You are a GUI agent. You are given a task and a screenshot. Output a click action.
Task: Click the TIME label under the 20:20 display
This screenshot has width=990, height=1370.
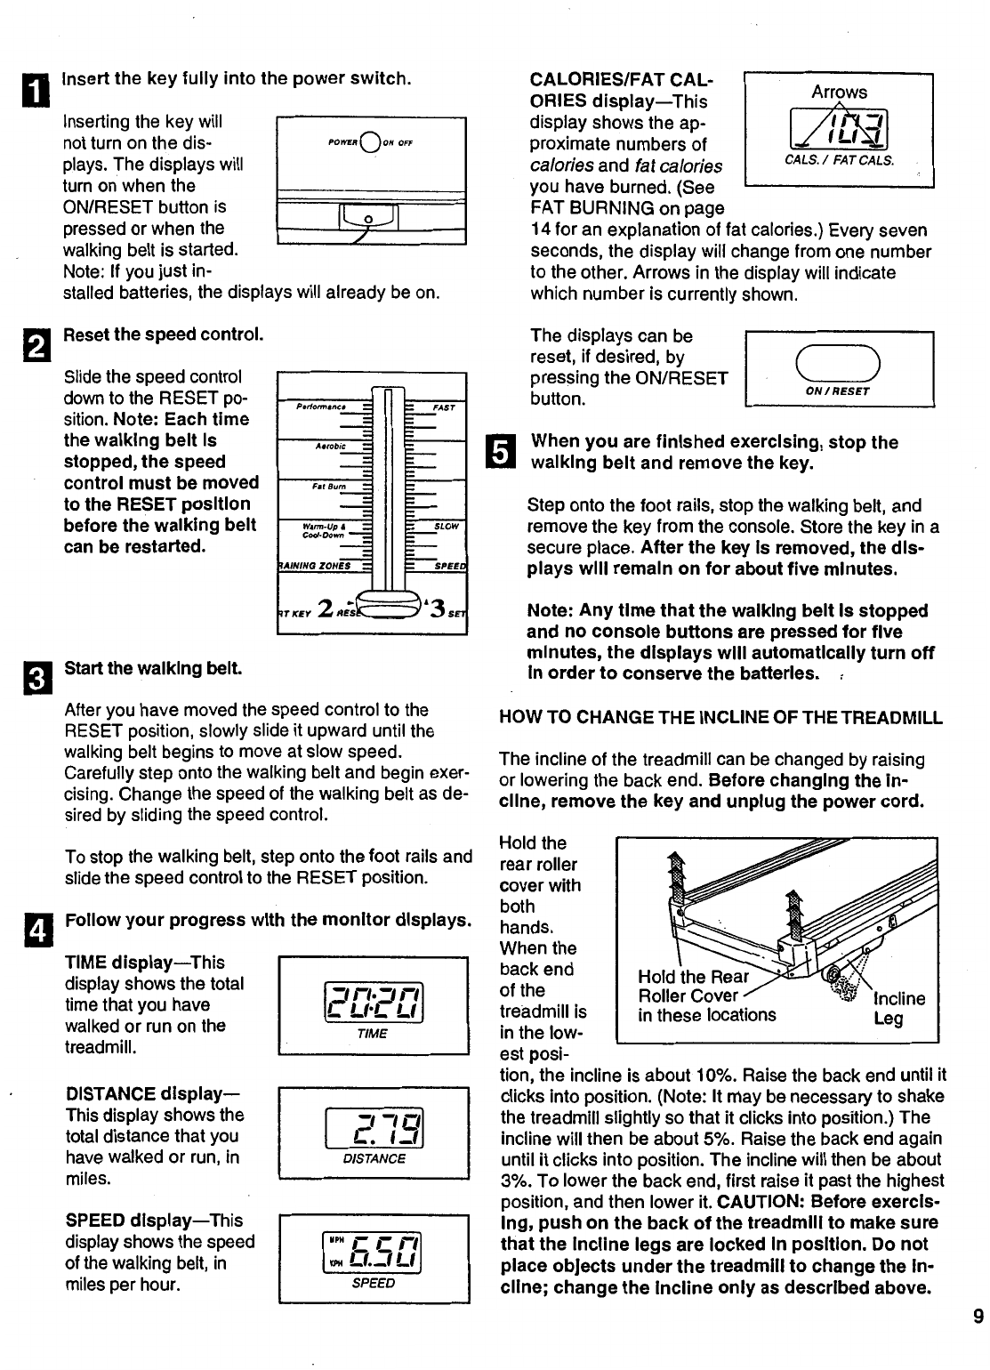(373, 1034)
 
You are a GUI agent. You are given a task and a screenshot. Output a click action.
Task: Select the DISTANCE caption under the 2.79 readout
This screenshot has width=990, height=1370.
(374, 1158)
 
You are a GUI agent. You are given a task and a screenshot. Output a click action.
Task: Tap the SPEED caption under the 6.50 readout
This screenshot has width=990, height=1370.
(374, 1284)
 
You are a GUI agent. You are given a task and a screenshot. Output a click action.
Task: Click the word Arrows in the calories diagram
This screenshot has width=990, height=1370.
(839, 92)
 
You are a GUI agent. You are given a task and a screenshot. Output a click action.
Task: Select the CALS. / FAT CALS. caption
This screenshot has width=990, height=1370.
(839, 160)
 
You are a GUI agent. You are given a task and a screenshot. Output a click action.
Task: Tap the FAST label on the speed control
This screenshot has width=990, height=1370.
(444, 408)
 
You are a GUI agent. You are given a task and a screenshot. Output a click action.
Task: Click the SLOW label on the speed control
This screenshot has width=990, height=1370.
(446, 527)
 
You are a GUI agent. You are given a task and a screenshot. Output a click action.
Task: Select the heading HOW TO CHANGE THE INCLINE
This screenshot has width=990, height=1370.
(720, 718)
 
